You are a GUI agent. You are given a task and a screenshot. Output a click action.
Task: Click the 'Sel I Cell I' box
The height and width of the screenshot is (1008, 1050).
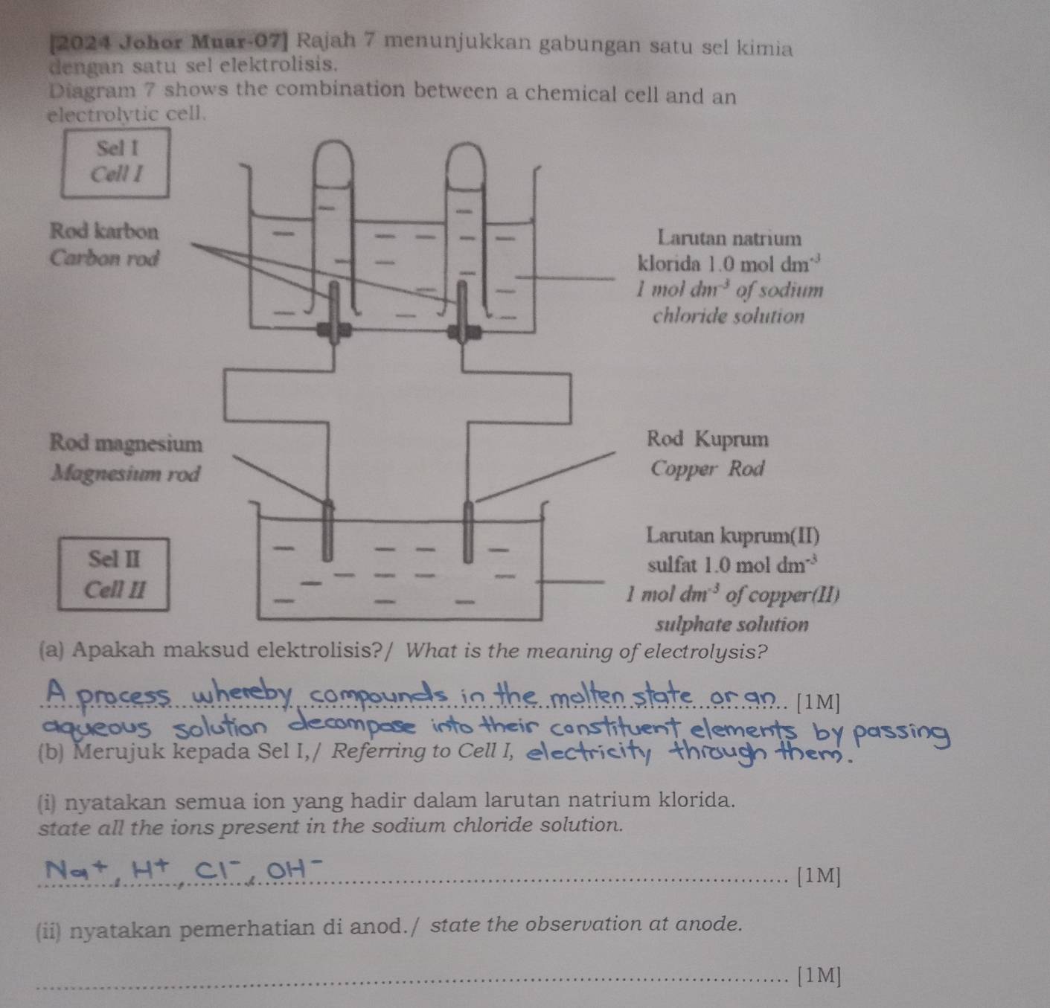(x=115, y=162)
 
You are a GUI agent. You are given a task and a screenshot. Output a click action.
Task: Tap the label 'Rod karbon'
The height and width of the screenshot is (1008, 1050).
(x=104, y=231)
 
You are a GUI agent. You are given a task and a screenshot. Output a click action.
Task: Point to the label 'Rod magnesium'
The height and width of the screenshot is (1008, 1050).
(x=125, y=444)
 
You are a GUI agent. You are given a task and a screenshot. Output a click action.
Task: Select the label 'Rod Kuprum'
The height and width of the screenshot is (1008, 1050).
(x=708, y=439)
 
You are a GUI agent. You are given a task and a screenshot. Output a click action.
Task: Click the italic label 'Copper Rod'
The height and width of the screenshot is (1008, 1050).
(x=708, y=469)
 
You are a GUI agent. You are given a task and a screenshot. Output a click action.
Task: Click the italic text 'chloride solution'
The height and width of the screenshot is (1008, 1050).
(x=728, y=316)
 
